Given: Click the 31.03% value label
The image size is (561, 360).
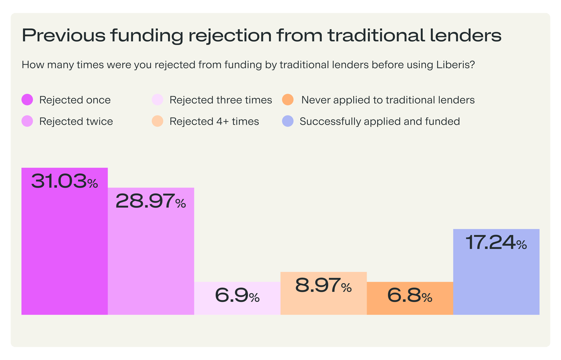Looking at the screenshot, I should click(x=65, y=181).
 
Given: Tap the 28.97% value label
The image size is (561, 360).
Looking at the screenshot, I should click(x=151, y=201).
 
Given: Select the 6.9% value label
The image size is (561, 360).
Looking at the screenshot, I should click(x=237, y=296).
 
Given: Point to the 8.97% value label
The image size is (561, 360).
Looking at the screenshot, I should click(x=323, y=285).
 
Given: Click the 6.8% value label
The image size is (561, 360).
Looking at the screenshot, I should click(x=410, y=296).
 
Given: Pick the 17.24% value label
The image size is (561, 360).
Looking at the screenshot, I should click(x=496, y=243).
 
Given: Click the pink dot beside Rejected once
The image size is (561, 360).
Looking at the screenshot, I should click(x=27, y=100).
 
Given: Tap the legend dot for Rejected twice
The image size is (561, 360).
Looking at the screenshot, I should click(x=27, y=121).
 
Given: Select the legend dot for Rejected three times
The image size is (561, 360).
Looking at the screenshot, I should click(x=157, y=100).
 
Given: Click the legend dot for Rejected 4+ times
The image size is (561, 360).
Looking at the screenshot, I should click(x=157, y=121).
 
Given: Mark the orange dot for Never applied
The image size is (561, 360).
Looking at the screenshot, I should click(x=288, y=100).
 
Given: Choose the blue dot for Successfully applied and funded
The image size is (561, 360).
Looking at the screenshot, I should click(x=288, y=121).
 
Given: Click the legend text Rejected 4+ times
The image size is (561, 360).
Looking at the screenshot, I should click(x=214, y=121).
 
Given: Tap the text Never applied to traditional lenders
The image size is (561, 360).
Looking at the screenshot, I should click(x=388, y=100).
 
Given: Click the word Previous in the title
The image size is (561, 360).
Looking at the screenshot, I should click(x=63, y=35).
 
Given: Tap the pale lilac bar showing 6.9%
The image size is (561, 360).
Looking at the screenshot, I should click(x=237, y=308).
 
